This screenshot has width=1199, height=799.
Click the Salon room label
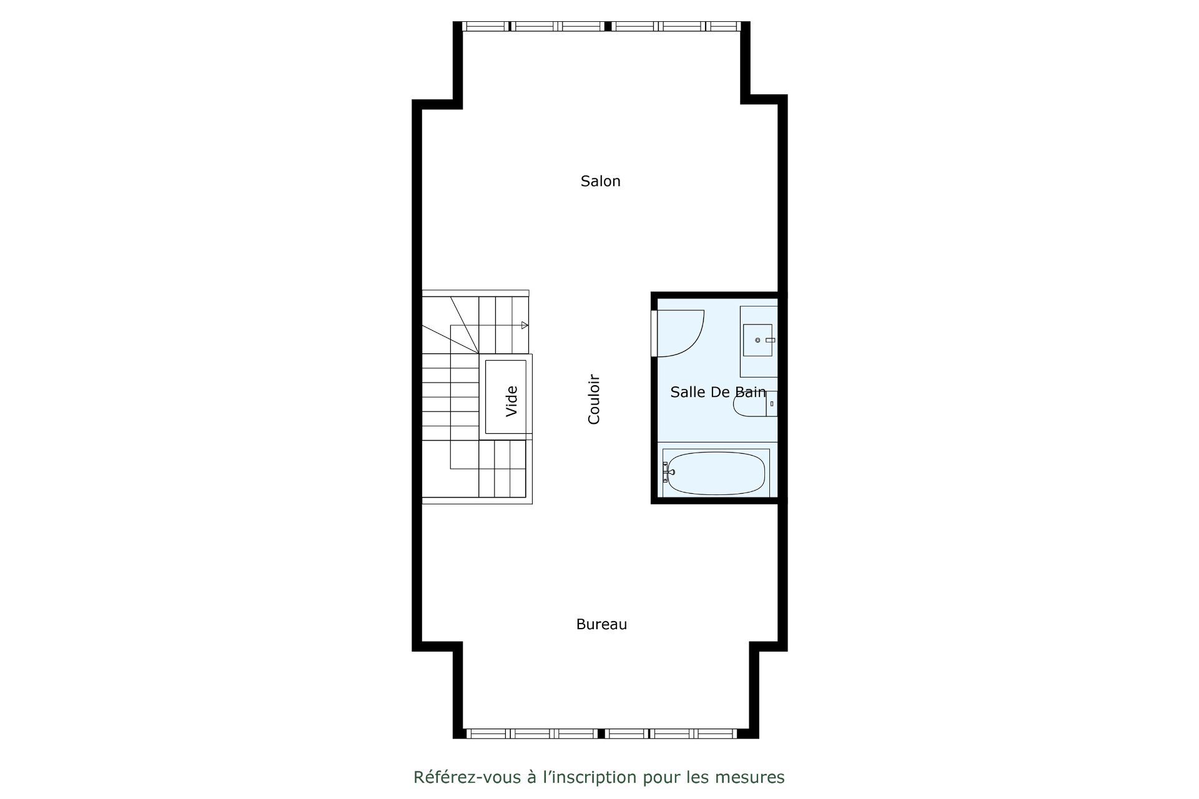600,181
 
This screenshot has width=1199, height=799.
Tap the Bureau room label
601,624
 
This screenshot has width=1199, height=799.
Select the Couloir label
594,399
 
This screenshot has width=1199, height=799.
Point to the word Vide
511,401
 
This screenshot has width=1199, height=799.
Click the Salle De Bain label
718,392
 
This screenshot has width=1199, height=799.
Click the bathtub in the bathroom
716,473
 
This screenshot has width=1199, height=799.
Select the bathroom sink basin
757,340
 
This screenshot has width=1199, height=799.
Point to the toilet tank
771,404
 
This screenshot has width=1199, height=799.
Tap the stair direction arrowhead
525,325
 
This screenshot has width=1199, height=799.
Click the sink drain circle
757,340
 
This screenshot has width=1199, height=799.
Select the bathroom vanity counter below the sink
759,341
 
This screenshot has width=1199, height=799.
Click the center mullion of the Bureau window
601,733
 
